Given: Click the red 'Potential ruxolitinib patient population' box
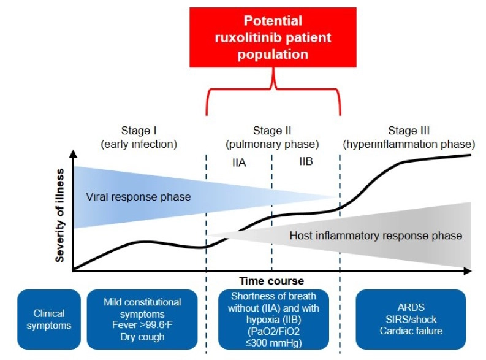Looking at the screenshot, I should pyautogui.click(x=273, y=37).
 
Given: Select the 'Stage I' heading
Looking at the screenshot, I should pyautogui.click(x=139, y=131).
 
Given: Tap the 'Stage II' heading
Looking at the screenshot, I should pyautogui.click(x=272, y=131).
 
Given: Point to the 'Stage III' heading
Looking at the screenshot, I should pyautogui.click(x=409, y=131).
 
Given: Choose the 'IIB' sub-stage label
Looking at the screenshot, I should pyautogui.click(x=306, y=161).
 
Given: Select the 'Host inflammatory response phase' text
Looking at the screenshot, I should pyautogui.click(x=376, y=236).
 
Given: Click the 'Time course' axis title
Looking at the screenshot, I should pyautogui.click(x=271, y=281).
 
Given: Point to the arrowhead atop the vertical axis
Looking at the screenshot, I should pyautogui.click(x=74, y=154).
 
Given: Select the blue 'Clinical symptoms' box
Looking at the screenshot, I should pyautogui.click(x=49, y=319).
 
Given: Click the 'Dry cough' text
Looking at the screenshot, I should pyautogui.click(x=143, y=337).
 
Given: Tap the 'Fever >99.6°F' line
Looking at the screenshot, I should pyautogui.click(x=143, y=325).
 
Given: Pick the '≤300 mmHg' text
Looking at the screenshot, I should pyautogui.click(x=272, y=343).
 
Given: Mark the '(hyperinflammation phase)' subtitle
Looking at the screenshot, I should pyautogui.click(x=409, y=144).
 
